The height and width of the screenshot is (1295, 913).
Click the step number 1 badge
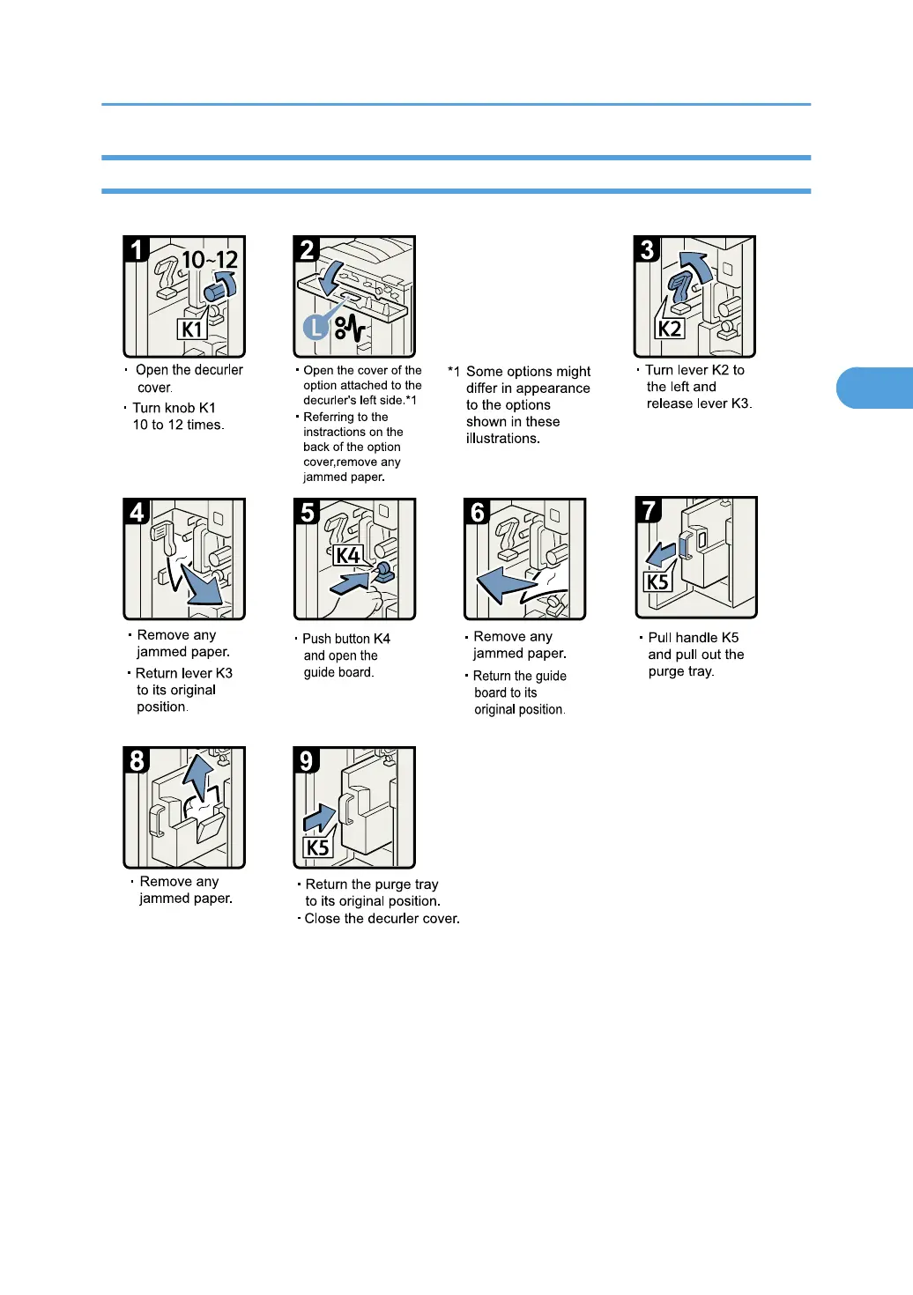(x=137, y=248)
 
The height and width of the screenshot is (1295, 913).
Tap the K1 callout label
(x=192, y=329)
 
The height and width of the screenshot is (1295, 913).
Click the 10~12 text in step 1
(x=210, y=260)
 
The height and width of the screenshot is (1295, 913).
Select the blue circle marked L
(x=315, y=328)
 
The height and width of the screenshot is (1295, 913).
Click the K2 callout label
(x=670, y=329)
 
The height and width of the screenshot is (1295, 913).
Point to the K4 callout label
(x=348, y=555)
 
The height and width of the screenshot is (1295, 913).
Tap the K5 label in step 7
(x=657, y=581)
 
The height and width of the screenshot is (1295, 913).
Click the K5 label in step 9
(x=317, y=848)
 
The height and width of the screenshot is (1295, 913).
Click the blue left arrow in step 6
(x=505, y=583)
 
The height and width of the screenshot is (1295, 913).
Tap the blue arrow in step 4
(x=201, y=585)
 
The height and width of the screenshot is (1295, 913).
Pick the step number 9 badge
(x=307, y=760)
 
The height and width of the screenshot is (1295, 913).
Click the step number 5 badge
(x=307, y=512)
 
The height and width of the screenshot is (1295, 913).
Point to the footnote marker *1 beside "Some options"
(x=453, y=372)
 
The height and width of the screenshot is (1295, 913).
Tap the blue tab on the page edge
(x=874, y=388)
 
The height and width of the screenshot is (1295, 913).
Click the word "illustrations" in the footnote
(x=502, y=439)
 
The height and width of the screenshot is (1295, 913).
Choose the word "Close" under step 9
(x=322, y=919)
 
